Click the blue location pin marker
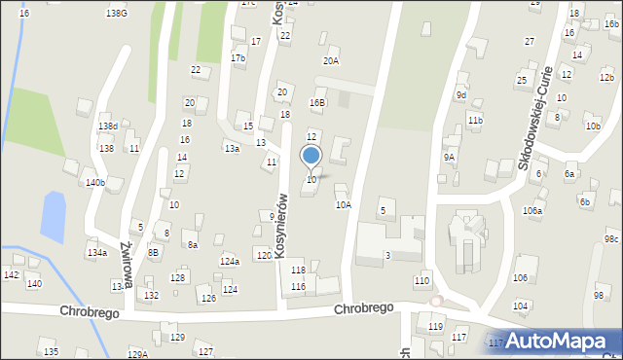point(311,156)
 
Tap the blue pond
point(53,215)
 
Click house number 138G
point(117,14)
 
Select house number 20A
point(332,61)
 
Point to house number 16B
point(317,103)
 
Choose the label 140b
point(94,183)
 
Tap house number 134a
point(96,253)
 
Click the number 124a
point(230,262)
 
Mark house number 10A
point(343,205)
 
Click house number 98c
point(611,239)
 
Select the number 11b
point(474,120)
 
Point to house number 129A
point(137,354)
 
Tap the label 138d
point(108,126)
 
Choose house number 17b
point(238,58)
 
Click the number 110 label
point(421,281)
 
